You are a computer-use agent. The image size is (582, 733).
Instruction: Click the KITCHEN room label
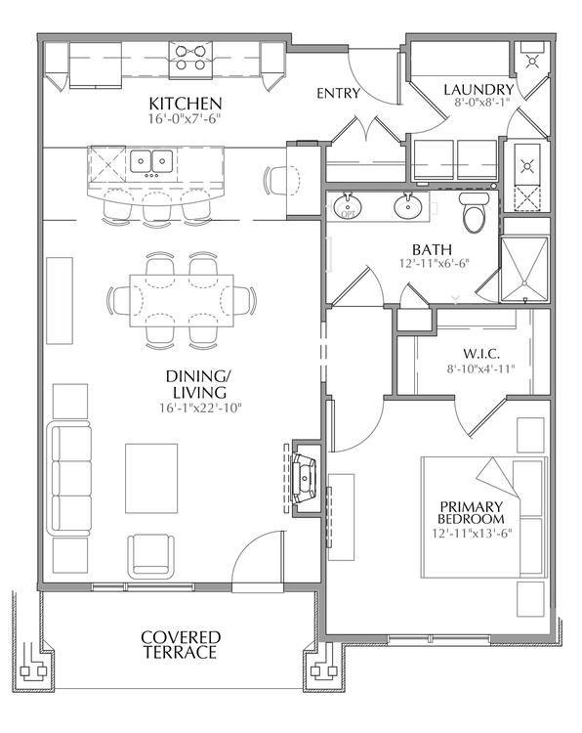pos(185,104)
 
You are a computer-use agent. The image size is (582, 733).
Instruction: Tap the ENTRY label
pos(338,94)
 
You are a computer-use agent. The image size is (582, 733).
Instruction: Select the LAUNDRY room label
pos(478,89)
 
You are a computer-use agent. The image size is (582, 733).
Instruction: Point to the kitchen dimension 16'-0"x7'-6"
pos(184,118)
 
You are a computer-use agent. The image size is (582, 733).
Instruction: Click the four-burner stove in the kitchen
pos(190,58)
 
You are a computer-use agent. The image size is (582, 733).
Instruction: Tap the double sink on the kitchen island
pos(151,161)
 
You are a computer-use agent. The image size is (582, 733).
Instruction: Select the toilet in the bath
pos(475,213)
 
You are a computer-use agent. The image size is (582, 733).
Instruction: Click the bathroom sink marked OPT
pos(347,206)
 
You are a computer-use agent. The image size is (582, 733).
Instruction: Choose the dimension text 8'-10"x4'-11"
pos(480,368)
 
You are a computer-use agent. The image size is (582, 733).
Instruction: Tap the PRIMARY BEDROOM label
pos(471,513)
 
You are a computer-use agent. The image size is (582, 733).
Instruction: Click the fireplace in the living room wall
pos(304,478)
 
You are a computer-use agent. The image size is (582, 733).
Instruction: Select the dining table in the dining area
pos(182,301)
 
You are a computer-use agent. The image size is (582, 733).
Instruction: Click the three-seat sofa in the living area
pos(71,478)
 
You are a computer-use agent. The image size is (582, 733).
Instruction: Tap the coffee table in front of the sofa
pos(151,478)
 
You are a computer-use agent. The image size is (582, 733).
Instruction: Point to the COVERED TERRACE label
pos(181,645)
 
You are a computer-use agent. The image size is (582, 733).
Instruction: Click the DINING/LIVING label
pos(198,384)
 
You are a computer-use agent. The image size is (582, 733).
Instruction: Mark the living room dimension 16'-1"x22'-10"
pos(200,409)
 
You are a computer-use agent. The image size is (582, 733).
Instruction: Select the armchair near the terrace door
pos(151,556)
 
